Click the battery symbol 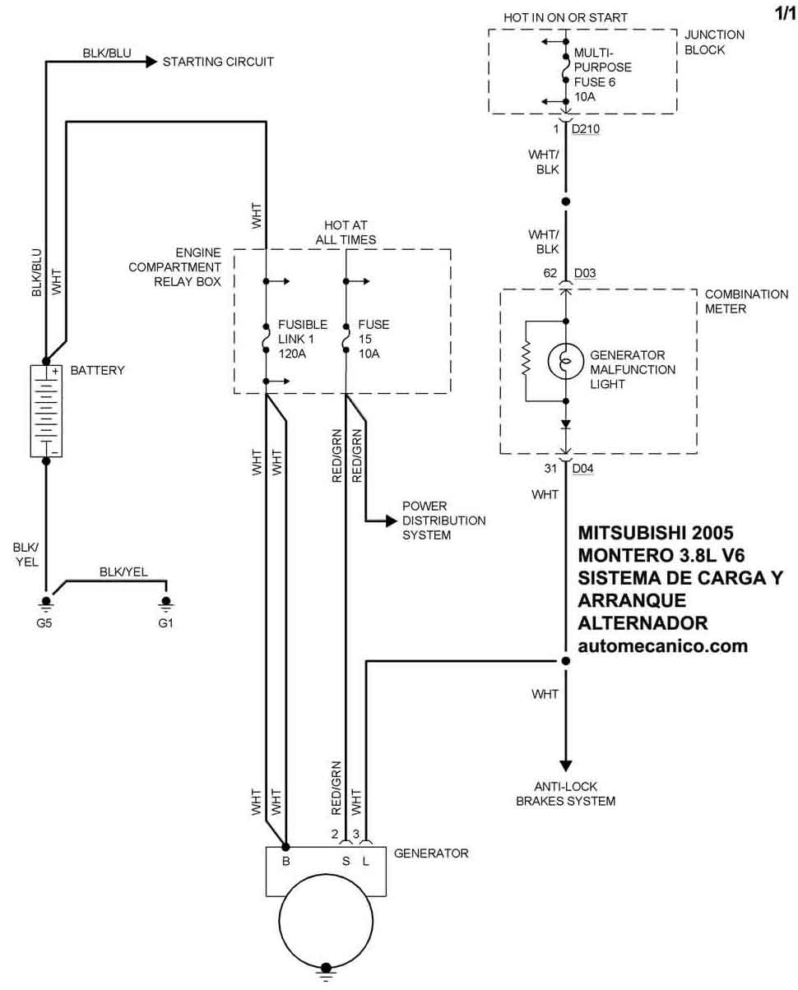click(46, 410)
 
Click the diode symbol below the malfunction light click(566, 424)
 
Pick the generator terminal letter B click(286, 862)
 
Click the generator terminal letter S click(346, 862)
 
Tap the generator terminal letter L click(365, 862)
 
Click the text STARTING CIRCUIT click(218, 62)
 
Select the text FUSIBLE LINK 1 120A click(303, 339)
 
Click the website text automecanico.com click(663, 646)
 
